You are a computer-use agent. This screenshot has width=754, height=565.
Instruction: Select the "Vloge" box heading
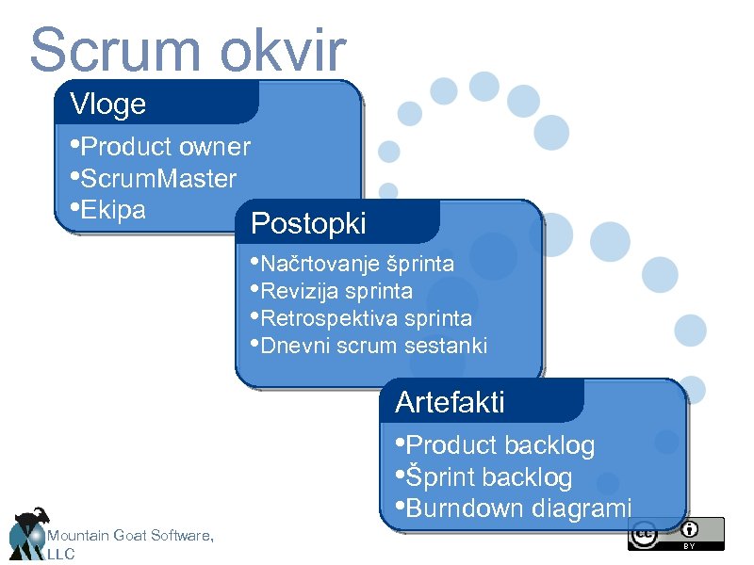tap(108, 105)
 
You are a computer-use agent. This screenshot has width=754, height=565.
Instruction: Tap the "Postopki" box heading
tap(308, 224)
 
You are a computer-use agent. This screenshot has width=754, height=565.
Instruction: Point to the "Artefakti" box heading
tap(450, 402)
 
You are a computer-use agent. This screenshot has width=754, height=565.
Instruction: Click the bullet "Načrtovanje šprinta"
tap(357, 263)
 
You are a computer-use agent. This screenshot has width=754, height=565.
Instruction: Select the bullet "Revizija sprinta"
tap(336, 291)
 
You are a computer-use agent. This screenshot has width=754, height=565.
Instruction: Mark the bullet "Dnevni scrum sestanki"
tap(373, 346)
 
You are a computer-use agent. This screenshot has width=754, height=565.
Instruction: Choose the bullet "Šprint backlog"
tap(488, 477)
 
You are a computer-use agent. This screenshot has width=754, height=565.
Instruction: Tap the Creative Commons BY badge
tap(676, 533)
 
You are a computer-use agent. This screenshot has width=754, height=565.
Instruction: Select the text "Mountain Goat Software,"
tap(130, 536)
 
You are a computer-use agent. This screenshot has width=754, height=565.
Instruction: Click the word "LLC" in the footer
tap(60, 555)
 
